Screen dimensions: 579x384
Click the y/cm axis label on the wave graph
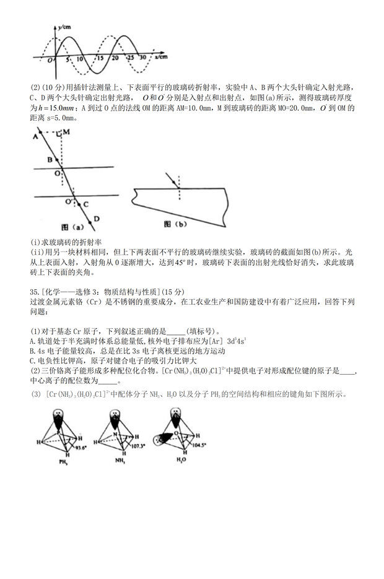pyautogui.click(x=64, y=28)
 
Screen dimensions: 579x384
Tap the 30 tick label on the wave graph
pyautogui.click(x=143, y=58)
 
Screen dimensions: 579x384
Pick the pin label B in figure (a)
pyautogui.click(x=49, y=159)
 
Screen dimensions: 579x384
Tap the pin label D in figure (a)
pyautogui.click(x=97, y=219)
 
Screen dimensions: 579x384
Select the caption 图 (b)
pyautogui.click(x=177, y=224)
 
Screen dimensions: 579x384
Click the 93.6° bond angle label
pyautogui.click(x=81, y=445)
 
